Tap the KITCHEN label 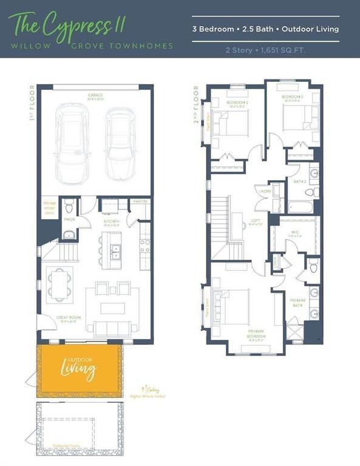pos(111,222)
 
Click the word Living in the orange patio pos(78,368)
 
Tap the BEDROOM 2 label pos(236,103)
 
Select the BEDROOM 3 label pos(291,97)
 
